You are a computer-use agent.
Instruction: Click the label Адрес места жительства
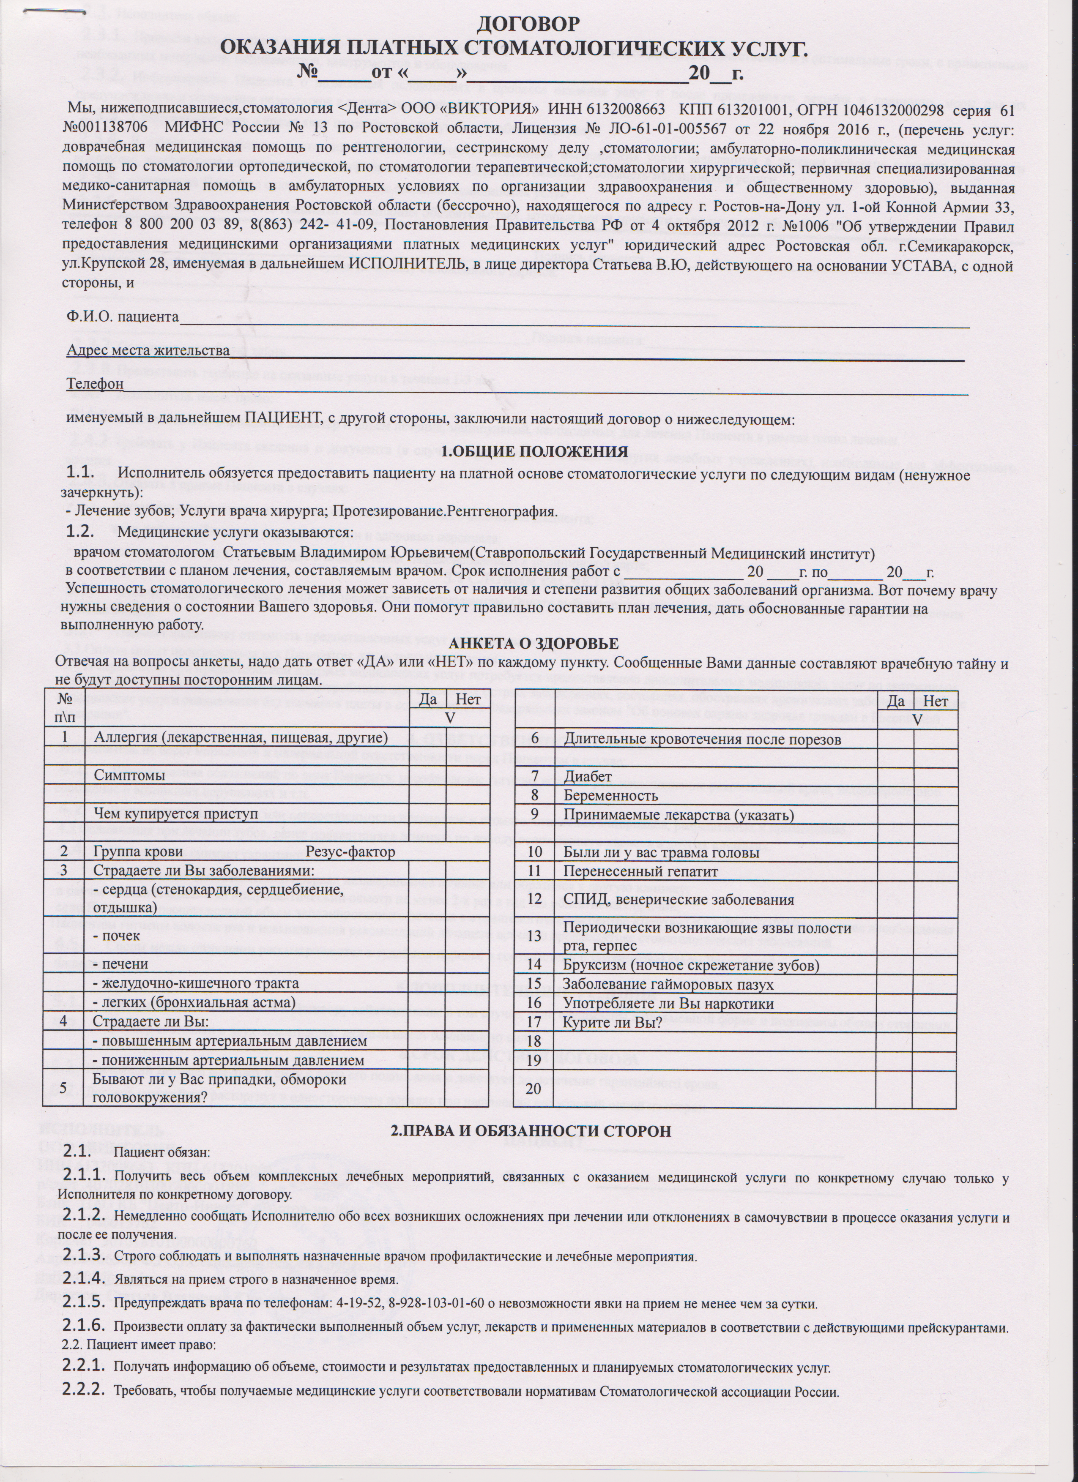(148, 351)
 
